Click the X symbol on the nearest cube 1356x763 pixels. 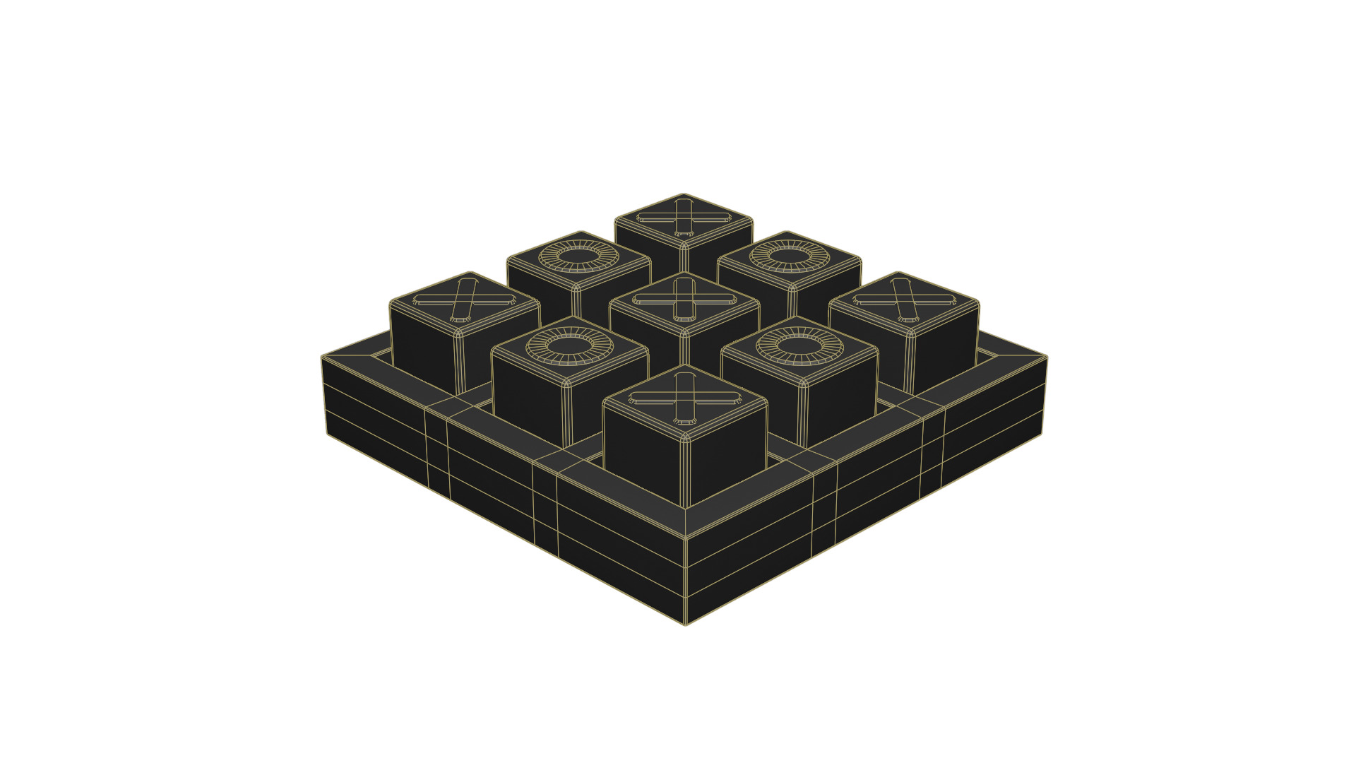(x=684, y=398)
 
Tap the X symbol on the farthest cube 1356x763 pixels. (x=683, y=218)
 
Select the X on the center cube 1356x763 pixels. (x=684, y=299)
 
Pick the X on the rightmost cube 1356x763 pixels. (x=905, y=300)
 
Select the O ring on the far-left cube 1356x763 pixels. (x=578, y=256)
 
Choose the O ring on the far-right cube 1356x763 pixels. (x=790, y=256)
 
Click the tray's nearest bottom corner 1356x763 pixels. (x=685, y=625)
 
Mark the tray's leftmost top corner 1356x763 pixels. (x=322, y=356)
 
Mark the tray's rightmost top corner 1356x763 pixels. (x=1047, y=356)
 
